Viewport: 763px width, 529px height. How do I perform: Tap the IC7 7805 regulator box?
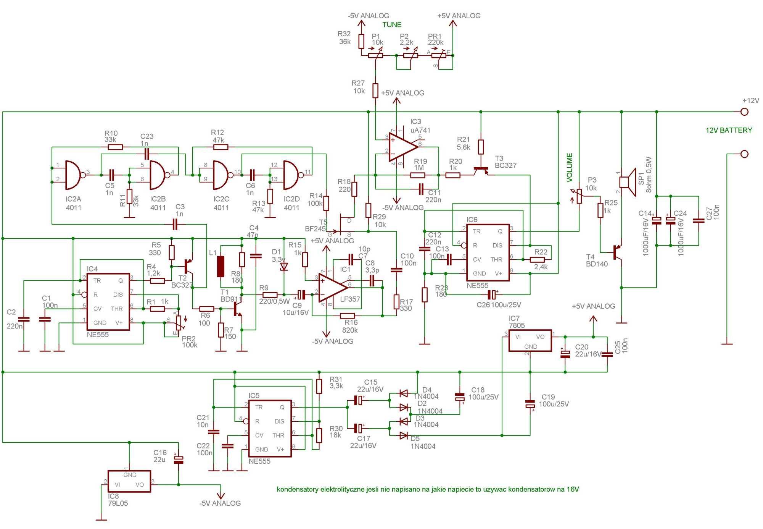click(530, 341)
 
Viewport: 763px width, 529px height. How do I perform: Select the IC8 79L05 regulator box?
click(129, 481)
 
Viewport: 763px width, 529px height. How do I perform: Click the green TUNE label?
click(392, 25)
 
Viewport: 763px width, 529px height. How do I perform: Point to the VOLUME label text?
click(570, 167)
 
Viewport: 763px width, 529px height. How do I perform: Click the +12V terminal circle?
click(744, 112)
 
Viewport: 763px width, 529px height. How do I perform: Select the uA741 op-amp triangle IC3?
click(403, 147)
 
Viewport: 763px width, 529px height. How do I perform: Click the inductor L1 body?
click(221, 266)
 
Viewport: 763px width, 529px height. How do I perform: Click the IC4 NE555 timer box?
click(108, 302)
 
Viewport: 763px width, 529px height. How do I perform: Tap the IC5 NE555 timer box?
click(270, 429)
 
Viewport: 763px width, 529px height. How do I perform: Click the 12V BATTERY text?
click(729, 130)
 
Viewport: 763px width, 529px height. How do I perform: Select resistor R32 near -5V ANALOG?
click(361, 41)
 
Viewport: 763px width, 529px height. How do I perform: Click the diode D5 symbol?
click(404, 435)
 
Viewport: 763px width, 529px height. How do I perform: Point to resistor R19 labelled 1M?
click(418, 175)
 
